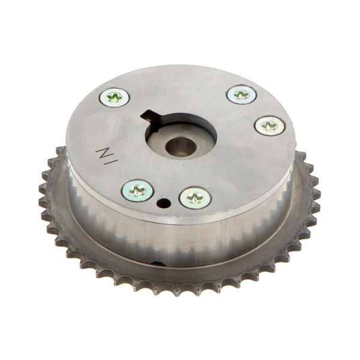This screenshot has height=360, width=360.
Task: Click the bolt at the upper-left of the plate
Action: pyautogui.click(x=114, y=97)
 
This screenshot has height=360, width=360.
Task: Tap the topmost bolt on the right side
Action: pyautogui.click(x=242, y=94)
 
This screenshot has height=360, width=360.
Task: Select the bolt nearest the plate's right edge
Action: pyautogui.click(x=269, y=125)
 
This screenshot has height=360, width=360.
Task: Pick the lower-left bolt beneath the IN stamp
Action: pyautogui.click(x=137, y=191)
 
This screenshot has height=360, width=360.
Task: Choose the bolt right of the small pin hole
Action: pyautogui.click(x=195, y=197)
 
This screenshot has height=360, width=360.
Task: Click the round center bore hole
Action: pyautogui.click(x=181, y=145)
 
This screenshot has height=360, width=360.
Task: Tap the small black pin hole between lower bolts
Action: pyautogui.click(x=163, y=203)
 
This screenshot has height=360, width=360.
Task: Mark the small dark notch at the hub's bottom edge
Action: pyautogui.click(x=157, y=264)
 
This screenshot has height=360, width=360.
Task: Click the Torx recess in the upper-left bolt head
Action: pyautogui.click(x=114, y=97)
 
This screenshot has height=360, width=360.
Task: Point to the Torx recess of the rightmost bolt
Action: pyautogui.click(x=269, y=125)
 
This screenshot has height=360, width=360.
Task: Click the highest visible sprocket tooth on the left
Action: pyautogui.click(x=61, y=149)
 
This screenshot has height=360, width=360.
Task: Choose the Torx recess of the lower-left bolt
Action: pyautogui.click(x=137, y=191)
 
